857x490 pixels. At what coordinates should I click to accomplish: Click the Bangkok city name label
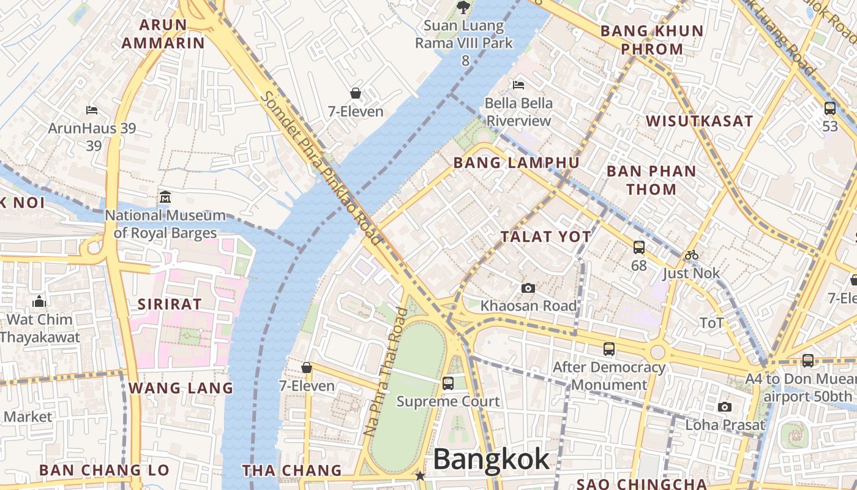[491, 459]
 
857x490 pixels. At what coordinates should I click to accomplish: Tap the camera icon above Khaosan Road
[528, 288]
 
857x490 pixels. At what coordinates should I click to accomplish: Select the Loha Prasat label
[725, 424]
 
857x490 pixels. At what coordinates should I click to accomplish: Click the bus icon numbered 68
[639, 247]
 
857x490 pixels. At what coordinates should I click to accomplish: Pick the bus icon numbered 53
[830, 108]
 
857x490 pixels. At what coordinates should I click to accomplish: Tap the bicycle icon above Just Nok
[692, 255]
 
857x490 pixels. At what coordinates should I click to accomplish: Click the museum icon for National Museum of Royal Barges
[165, 197]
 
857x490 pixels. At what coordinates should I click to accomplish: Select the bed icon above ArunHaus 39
[92, 110]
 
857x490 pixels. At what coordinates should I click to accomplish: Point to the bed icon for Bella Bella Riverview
[518, 85]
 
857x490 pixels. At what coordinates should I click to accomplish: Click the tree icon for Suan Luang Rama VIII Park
[463, 7]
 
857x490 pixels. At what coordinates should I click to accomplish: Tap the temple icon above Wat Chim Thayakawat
[39, 301]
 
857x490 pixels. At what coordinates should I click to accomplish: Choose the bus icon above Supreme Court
[448, 383]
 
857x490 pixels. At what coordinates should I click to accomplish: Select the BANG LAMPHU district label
[515, 162]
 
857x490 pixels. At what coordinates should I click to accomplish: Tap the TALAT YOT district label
[545, 236]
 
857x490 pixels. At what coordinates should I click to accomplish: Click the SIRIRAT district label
[169, 304]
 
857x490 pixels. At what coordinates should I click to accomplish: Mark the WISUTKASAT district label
[699, 121]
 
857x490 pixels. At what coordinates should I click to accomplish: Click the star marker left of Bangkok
[420, 476]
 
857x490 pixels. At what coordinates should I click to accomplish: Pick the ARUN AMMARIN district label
[163, 34]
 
